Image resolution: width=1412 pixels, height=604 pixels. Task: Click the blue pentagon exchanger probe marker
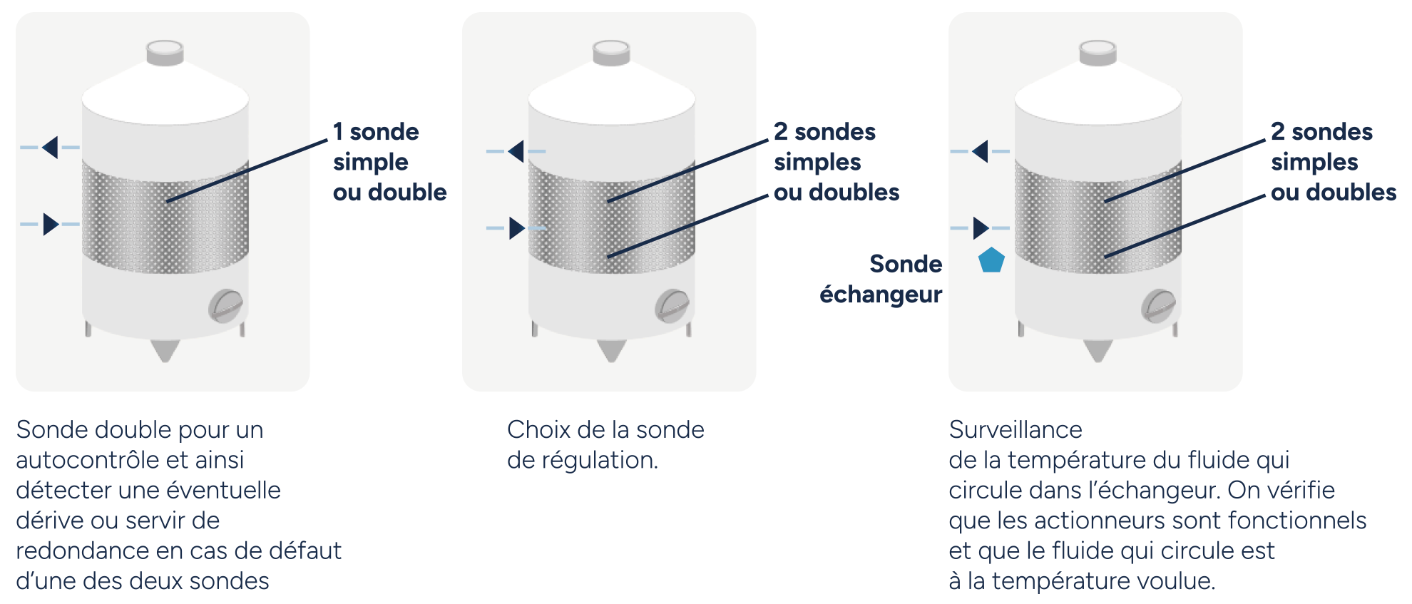coord(991,260)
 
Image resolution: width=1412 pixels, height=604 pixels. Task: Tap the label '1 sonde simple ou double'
coord(389,162)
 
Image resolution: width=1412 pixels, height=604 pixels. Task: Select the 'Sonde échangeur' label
coord(881,279)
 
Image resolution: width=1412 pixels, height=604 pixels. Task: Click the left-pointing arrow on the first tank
coord(50,148)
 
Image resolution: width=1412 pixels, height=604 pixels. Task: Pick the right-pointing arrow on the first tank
coord(51,224)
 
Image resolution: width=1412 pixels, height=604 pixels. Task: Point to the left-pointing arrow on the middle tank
coord(516,151)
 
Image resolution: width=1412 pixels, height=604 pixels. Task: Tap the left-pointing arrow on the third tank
coord(981,151)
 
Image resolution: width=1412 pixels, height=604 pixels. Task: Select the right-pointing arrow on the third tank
coord(981,228)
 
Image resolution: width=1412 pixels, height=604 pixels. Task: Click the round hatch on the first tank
coord(226,306)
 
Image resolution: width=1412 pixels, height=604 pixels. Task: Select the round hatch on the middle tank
coord(672,306)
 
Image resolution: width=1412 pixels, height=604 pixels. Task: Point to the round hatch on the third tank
coord(1159,306)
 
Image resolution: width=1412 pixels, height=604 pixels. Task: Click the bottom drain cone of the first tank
coord(165,350)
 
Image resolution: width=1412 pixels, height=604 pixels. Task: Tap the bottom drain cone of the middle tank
coord(611,350)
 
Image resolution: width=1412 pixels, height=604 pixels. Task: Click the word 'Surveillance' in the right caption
coord(1015,429)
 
